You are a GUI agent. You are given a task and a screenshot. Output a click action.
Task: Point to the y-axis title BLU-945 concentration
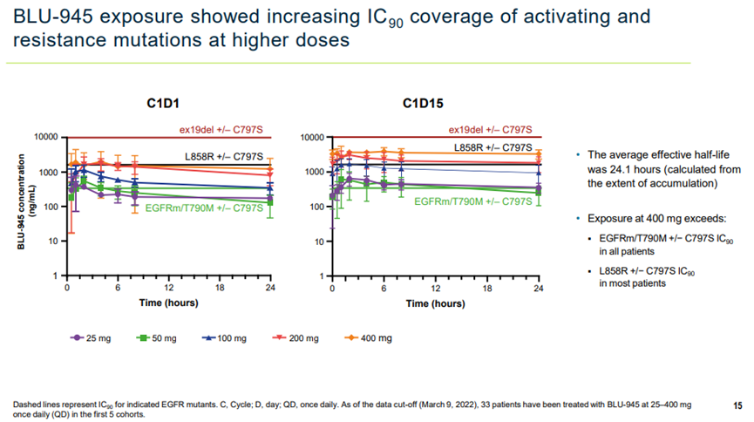pyautogui.click(x=19, y=206)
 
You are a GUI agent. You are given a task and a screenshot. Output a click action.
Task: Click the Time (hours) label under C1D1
pyautogui.click(x=168, y=303)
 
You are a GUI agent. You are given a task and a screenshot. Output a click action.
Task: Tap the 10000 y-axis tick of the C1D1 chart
pyautogui.click(x=44, y=138)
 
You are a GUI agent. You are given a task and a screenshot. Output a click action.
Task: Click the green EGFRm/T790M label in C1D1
pyautogui.click(x=204, y=207)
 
